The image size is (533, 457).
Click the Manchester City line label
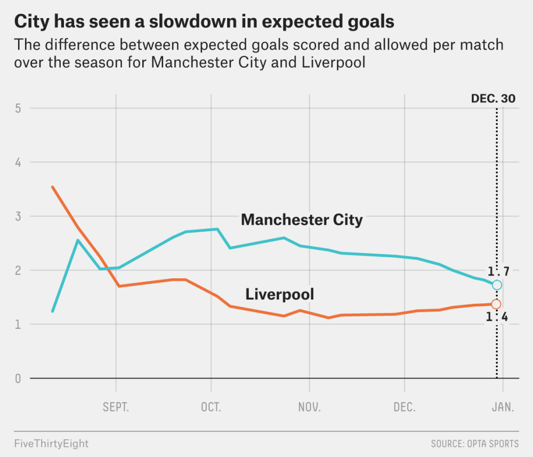302,219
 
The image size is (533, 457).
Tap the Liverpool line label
279,294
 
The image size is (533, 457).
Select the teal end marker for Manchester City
497,285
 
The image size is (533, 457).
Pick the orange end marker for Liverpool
496,304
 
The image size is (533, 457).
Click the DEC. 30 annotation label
493,99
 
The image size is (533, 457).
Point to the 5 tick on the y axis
18,108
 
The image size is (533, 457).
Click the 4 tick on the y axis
18,162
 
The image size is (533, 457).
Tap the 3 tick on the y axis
18,216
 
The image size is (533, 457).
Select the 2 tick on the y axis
18,270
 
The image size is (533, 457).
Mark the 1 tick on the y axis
18,324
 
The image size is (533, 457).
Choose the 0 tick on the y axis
18,378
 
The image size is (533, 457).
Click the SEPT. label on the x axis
116,408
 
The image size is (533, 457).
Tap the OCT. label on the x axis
211,408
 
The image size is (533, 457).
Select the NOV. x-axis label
309,408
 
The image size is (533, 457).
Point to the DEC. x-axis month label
405,408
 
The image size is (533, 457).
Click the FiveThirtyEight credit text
51,444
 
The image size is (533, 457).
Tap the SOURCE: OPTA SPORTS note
474,444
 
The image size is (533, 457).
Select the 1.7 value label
497,271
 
